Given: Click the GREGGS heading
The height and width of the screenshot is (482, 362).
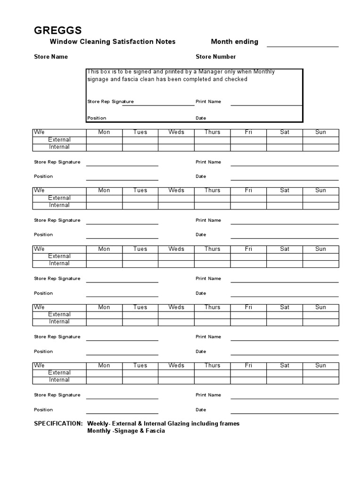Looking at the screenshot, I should click(x=58, y=31).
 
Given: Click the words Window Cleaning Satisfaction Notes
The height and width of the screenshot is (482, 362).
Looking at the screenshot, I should click(x=113, y=42).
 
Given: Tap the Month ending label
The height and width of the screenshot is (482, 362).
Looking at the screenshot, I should click(x=234, y=42).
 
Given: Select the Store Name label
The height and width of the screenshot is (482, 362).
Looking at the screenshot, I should click(x=51, y=57).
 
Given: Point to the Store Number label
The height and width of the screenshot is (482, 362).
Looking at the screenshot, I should click(x=216, y=57).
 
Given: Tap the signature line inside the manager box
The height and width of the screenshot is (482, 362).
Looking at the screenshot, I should click(x=158, y=104).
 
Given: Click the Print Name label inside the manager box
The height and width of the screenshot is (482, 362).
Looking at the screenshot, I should click(x=208, y=102).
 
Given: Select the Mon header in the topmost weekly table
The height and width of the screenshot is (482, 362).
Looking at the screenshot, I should click(x=104, y=132).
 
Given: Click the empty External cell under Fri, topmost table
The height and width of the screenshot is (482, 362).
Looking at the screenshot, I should click(x=248, y=140).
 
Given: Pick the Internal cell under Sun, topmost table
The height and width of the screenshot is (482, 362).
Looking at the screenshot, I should click(x=321, y=147).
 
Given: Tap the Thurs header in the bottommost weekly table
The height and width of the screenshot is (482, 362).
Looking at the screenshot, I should click(x=212, y=365).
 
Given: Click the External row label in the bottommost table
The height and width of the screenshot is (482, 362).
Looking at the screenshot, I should click(x=59, y=373).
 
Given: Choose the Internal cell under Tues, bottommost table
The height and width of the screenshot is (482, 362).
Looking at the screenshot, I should click(x=140, y=380).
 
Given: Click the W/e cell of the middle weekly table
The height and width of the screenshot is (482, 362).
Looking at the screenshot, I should click(x=39, y=249).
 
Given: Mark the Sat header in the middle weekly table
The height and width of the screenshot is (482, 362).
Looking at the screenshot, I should click(x=285, y=249).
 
